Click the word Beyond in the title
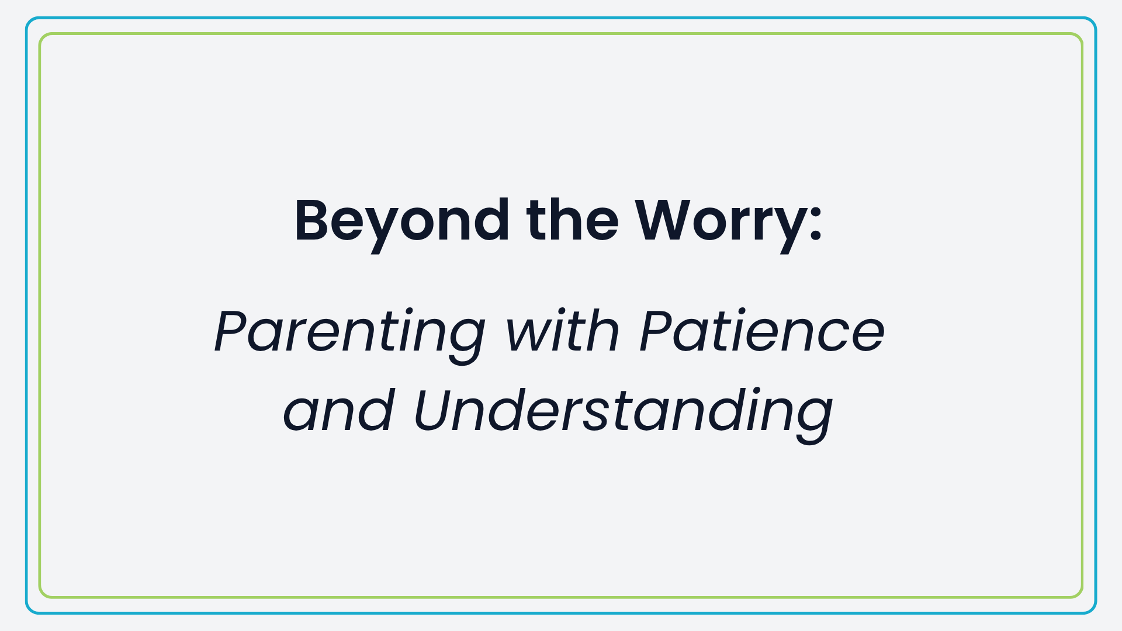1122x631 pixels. click(402, 225)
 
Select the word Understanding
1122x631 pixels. click(623, 415)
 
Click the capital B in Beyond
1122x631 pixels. click(316, 220)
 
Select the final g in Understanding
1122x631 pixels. click(811, 421)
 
